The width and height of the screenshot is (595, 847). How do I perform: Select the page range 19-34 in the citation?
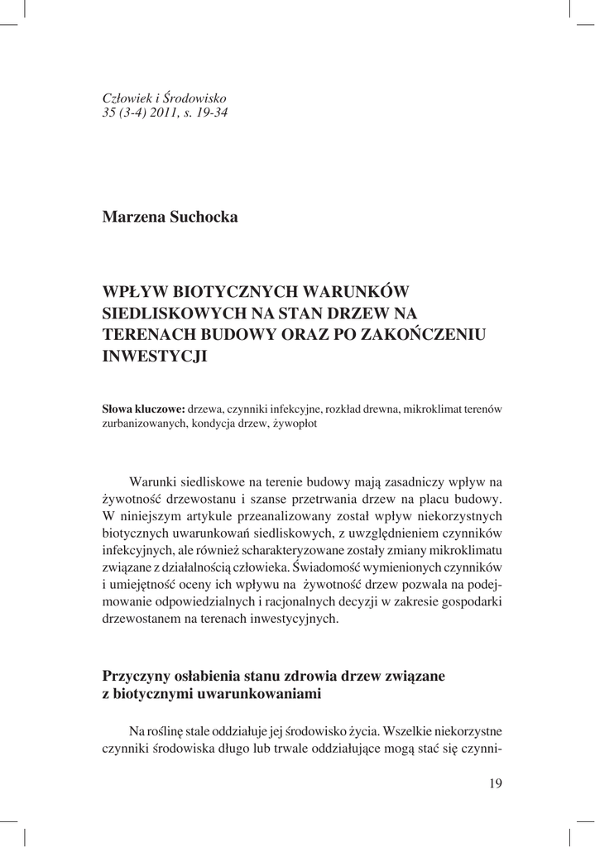209,112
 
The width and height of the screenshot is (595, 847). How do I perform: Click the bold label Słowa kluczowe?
142,409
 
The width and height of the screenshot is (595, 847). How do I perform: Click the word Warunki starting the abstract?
158,482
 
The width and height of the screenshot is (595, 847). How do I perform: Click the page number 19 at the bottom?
495,784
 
